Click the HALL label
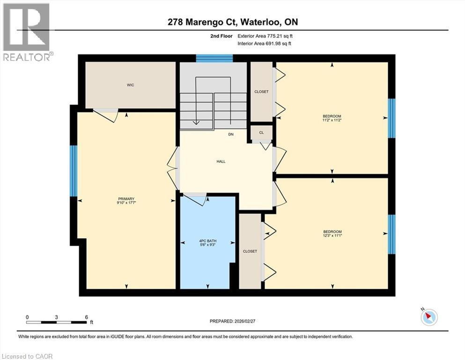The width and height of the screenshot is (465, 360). point(221,161)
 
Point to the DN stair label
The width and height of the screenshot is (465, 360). point(231,135)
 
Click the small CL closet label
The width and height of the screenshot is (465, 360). point(261,133)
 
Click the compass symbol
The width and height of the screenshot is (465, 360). point(429,317)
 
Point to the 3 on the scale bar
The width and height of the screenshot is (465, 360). point(56,317)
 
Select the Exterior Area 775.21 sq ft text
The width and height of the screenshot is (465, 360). point(267,36)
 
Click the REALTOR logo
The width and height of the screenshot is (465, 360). point(27,31)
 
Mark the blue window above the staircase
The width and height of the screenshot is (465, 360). point(214,58)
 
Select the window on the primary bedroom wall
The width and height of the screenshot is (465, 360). point(73,171)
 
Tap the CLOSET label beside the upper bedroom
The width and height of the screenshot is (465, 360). point(261,92)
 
